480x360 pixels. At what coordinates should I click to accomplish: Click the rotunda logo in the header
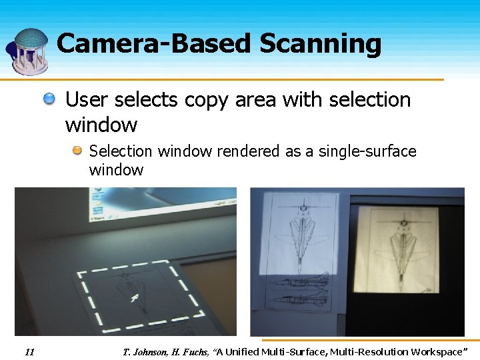28,50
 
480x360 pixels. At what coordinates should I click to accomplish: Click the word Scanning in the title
320,44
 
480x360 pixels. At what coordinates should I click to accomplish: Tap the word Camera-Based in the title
154,44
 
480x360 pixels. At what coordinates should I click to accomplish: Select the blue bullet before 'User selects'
50,100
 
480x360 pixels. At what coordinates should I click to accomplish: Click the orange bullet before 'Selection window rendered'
77,151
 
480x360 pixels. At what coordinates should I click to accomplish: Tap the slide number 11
29,351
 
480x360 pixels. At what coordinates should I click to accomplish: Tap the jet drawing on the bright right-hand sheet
401,247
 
